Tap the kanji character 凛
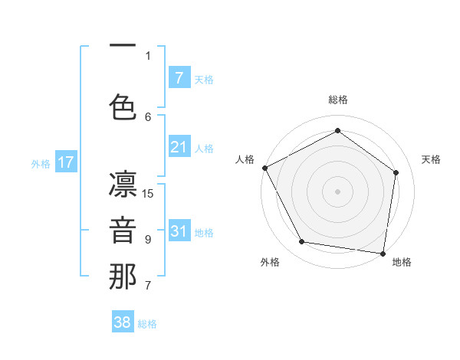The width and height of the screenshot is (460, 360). pyautogui.click(x=123, y=186)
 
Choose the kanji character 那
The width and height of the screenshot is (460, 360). pyautogui.click(x=123, y=277)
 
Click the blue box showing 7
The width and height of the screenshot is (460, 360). pyautogui.click(x=179, y=77)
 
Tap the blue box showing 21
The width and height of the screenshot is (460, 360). pyautogui.click(x=179, y=147)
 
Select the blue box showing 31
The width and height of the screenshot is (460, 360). pyautogui.click(x=179, y=232)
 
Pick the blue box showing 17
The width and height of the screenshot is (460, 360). pyautogui.click(x=65, y=162)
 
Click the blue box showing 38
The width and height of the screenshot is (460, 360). pyautogui.click(x=123, y=322)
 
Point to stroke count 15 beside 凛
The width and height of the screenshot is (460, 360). pyautogui.click(x=149, y=194)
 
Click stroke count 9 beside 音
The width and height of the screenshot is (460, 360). pyautogui.click(x=148, y=240)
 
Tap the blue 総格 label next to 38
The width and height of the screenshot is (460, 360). pyautogui.click(x=147, y=324)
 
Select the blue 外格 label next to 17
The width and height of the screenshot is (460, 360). pyautogui.click(x=41, y=163)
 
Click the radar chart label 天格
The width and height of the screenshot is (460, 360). pyautogui.click(x=432, y=159)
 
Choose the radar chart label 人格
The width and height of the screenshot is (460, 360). pyautogui.click(x=245, y=159)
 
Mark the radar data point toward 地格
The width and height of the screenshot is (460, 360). pyautogui.click(x=383, y=253)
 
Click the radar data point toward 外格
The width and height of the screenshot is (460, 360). pyautogui.click(x=302, y=242)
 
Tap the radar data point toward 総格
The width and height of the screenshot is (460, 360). pyautogui.click(x=337, y=131)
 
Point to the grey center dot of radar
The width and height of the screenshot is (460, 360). pyautogui.click(x=337, y=191)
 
